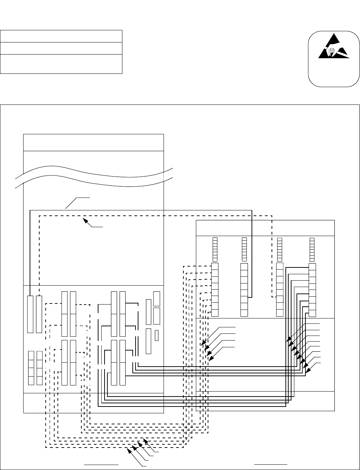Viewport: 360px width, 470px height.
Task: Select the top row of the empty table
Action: pyautogui.click(x=61, y=36)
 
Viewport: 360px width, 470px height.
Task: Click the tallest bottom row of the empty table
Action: pyautogui.click(x=61, y=64)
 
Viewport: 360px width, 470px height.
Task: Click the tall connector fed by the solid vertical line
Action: pyautogui.click(x=30, y=314)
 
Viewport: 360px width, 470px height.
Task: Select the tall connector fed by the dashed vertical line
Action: pyautogui.click(x=39, y=314)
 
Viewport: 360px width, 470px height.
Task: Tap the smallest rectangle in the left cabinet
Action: pyautogui.click(x=157, y=336)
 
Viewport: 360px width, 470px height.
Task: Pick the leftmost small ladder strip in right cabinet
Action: pyautogui.click(x=215, y=249)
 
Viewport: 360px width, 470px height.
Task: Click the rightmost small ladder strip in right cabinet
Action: pyautogui.click(x=312, y=249)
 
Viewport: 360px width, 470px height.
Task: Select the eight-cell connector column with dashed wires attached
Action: pyautogui.click(x=215, y=290)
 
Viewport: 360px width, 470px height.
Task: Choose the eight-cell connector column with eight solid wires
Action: pyautogui.click(x=312, y=290)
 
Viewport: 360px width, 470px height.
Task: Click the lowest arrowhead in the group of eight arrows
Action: pyautogui.click(x=308, y=372)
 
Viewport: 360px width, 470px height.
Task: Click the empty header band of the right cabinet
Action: pyautogui.click(x=265, y=228)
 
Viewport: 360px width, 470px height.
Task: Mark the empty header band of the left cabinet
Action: pyautogui.click(x=93, y=143)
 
